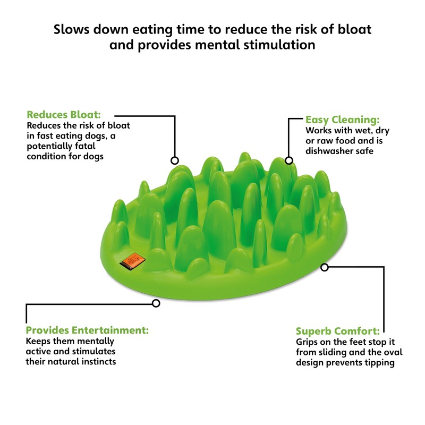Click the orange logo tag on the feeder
132,260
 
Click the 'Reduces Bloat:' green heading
64,115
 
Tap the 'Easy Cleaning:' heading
343,120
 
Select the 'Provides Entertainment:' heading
87,330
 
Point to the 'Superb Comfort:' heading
338,331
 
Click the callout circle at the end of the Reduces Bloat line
175,160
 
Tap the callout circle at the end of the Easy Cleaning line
289,160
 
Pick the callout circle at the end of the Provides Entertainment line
156,303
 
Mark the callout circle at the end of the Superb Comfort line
325,268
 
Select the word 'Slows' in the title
71,29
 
